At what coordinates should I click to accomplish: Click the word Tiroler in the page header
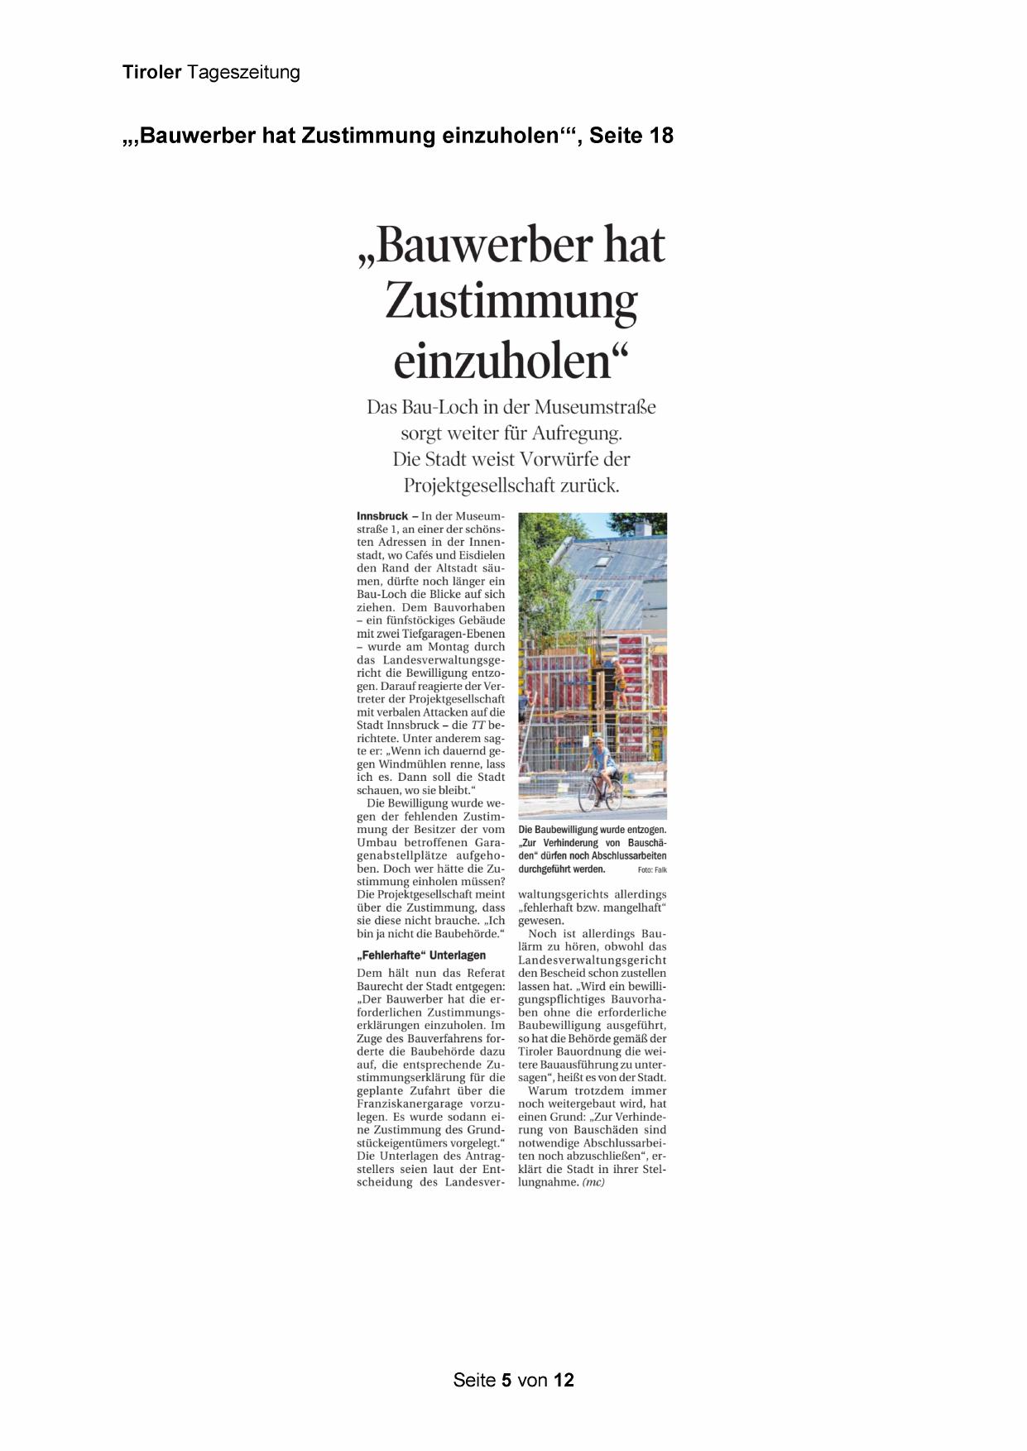click(151, 72)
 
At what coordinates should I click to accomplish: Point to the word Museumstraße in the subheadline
click(595, 407)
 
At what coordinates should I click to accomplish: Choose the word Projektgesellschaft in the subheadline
click(479, 486)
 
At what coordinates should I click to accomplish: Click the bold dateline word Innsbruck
click(382, 516)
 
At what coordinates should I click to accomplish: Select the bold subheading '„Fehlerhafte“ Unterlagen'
click(421, 955)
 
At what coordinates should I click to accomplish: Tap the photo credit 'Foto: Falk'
click(652, 870)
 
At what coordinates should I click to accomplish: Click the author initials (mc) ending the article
click(593, 1182)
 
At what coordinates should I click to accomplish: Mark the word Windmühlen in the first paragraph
click(410, 764)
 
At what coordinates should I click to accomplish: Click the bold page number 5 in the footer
click(506, 1380)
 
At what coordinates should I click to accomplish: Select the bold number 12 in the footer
click(564, 1380)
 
